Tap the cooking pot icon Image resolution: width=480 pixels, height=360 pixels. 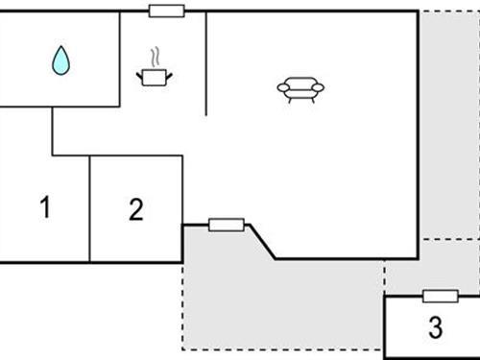(x=153, y=76)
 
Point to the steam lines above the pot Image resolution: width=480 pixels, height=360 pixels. (x=153, y=56)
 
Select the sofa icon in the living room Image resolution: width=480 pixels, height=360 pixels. (x=300, y=88)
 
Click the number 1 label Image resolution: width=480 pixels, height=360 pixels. (x=44, y=206)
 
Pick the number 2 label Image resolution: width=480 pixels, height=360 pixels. (x=136, y=208)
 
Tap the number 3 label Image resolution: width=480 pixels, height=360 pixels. (x=435, y=328)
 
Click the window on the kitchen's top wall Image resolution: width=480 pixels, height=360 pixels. (x=167, y=11)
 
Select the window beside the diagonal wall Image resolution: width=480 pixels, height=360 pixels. (x=226, y=225)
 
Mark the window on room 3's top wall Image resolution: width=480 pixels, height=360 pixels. (x=440, y=296)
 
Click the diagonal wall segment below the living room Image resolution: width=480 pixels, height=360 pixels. (x=261, y=241)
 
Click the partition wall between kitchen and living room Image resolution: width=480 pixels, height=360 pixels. (x=206, y=62)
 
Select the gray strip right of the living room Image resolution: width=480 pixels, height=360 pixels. (x=448, y=125)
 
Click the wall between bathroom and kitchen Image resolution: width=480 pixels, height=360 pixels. (x=120, y=58)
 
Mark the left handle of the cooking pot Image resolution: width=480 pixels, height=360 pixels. (x=140, y=73)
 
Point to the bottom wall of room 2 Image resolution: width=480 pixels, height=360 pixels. (x=136, y=261)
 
